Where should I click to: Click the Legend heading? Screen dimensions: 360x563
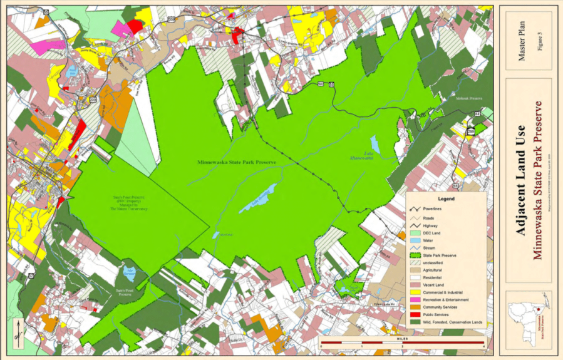446,198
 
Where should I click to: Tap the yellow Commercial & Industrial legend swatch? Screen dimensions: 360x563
413,292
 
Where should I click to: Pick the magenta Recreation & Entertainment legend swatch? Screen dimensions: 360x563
413,300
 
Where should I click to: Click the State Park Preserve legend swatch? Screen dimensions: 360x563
413,255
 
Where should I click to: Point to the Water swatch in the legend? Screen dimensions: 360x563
413,240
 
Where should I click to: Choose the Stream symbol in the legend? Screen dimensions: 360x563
413,248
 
